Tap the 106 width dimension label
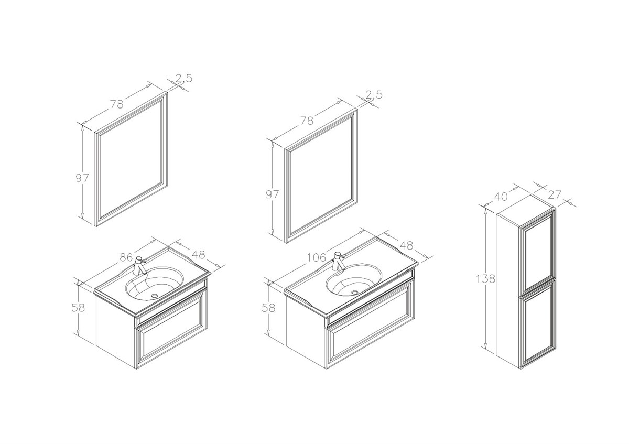[x=316, y=257]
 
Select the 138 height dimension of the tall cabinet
[x=485, y=279]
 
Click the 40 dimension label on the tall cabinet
[x=501, y=196]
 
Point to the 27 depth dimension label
[x=555, y=194]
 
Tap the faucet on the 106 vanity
[x=338, y=261]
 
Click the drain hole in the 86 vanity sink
[x=155, y=295]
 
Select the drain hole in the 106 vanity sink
[x=355, y=292]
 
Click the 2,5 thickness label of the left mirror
[x=184, y=78]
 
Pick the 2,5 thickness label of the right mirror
[x=374, y=95]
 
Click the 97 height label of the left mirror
[x=82, y=178]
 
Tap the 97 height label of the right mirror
[x=273, y=194]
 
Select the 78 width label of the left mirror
[x=117, y=104]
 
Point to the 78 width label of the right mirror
[x=307, y=121]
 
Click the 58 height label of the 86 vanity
[x=78, y=308]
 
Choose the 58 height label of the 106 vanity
[x=269, y=308]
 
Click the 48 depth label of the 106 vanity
[x=406, y=245]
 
